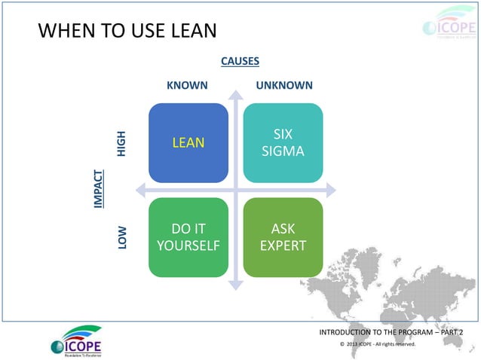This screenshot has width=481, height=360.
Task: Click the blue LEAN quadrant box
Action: pos(188,142)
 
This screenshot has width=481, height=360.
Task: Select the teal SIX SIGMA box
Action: pos(283,142)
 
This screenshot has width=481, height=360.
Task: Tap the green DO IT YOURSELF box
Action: pos(188,237)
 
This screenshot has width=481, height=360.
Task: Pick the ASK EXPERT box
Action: pos(283,237)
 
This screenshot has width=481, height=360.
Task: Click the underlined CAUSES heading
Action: pos(240,61)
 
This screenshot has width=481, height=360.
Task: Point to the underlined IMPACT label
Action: pos(98,188)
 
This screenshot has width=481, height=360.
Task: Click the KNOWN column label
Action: pos(187,85)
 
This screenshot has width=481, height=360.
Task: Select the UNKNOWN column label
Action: pos(284,85)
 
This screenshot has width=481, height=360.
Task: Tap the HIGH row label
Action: pos(122,143)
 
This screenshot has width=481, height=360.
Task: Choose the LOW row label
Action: pos(122,237)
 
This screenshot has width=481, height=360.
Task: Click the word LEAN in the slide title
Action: pos(191,31)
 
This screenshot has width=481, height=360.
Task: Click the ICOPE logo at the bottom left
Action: pos(75,341)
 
